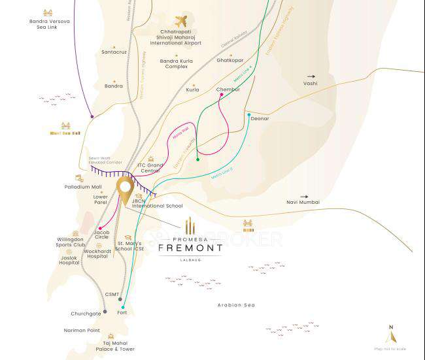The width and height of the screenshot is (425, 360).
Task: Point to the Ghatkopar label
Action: pyautogui.click(x=229, y=59)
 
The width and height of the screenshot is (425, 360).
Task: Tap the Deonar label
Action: pyautogui.click(x=260, y=118)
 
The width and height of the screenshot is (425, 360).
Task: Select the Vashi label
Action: pyautogui.click(x=310, y=84)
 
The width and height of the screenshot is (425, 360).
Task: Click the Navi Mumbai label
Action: pyautogui.click(x=303, y=203)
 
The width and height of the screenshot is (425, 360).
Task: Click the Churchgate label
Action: pyautogui.click(x=86, y=314)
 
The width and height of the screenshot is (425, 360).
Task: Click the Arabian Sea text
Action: pyautogui.click(x=236, y=305)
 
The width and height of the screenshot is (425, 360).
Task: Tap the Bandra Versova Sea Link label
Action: pyautogui.click(x=46, y=27)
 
